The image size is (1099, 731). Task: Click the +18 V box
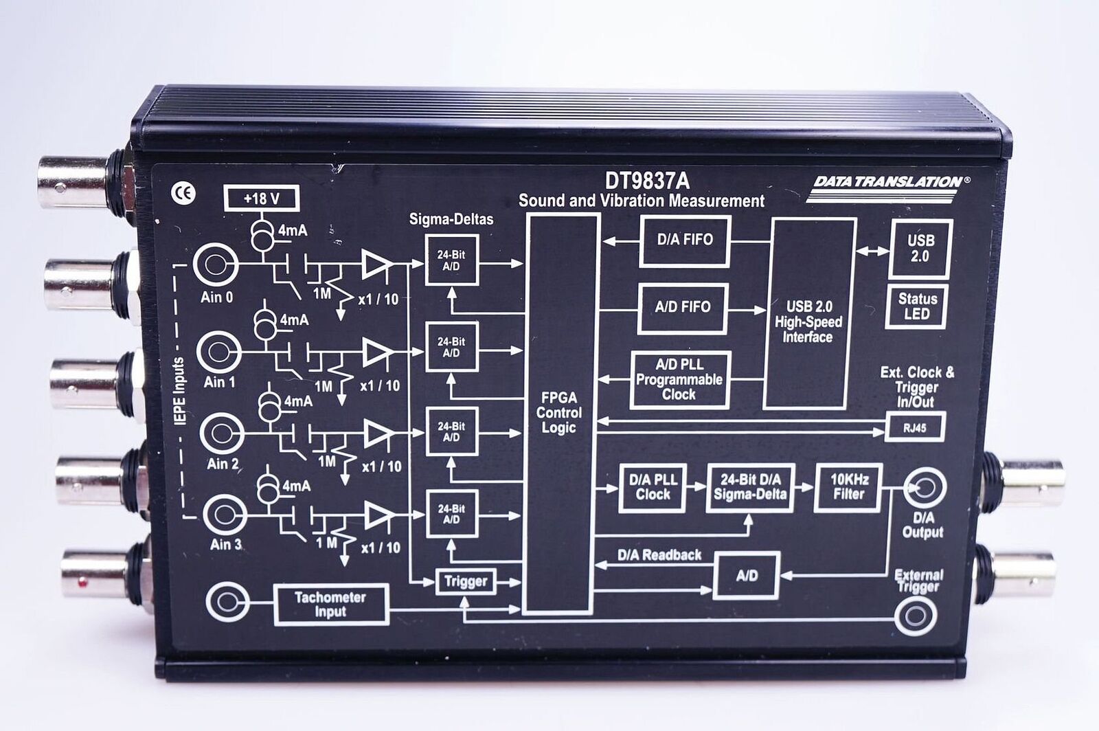click(x=261, y=199)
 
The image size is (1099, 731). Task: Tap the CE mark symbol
click(x=183, y=193)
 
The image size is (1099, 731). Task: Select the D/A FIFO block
click(x=684, y=240)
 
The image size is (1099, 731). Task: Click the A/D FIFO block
click(x=683, y=308)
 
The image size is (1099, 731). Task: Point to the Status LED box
click(x=916, y=306)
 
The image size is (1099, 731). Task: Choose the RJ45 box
click(x=915, y=428)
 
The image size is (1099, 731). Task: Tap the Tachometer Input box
click(x=330, y=605)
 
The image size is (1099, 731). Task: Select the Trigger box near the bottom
click(x=466, y=582)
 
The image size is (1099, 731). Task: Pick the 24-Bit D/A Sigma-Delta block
click(x=750, y=487)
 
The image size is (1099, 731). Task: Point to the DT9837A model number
click(x=647, y=181)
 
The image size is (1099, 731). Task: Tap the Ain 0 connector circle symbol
click(x=216, y=265)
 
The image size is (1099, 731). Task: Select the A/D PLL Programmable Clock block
click(x=679, y=380)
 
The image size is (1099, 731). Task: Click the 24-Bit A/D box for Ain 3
click(x=452, y=514)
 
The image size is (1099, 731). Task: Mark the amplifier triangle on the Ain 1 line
click(x=377, y=352)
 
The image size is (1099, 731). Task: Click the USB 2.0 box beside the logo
click(x=921, y=248)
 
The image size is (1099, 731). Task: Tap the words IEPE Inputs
click(x=179, y=392)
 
